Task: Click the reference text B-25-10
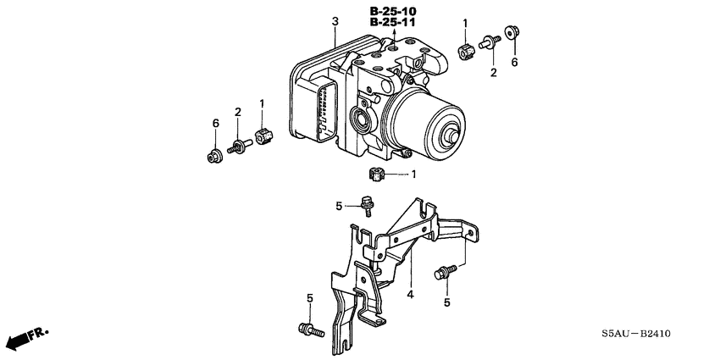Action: (394, 10)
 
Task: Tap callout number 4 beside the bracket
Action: (409, 295)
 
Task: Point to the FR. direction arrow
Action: (25, 340)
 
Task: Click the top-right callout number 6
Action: (512, 62)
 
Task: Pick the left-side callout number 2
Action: (238, 112)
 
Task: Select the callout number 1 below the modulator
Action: (413, 174)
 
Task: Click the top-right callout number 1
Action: (464, 22)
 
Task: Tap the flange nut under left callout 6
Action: (213, 155)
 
